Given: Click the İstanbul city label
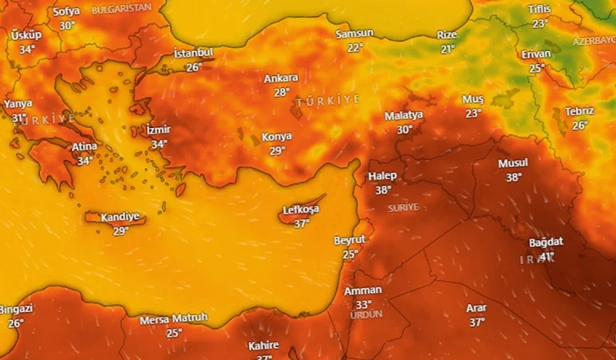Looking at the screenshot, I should pos(194,54).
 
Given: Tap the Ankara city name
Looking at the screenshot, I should pos(281,78).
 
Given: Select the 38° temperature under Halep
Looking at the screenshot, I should pos(383,190).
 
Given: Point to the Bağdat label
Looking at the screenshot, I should pos(546,242).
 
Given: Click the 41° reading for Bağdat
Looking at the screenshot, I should pos(547,256).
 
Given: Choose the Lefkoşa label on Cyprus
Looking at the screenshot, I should pos(301,210).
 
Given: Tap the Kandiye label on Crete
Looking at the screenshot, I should pos(120,217).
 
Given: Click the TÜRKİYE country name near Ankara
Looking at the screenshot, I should pos(328,101).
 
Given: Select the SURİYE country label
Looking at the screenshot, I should pos(403,207).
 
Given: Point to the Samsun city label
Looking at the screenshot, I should pos(354,34).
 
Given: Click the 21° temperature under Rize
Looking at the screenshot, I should pos(447,49).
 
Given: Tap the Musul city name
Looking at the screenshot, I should pos(513,163).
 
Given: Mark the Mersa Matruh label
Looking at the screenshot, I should pos(174,318).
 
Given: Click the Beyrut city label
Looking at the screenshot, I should pos(350,240).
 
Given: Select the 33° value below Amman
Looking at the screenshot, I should pos(363,304).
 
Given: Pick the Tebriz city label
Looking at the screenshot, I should pos(579,111).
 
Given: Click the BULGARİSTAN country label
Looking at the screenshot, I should pos(122,9).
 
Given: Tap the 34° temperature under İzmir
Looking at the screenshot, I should pos(159,144).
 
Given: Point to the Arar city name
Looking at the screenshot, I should pos(477,308).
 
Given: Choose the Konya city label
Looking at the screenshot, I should pos(277,137).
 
